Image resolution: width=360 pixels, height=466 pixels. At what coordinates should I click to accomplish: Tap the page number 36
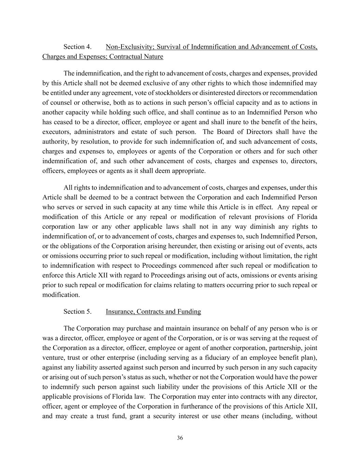(x=180, y=438)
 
